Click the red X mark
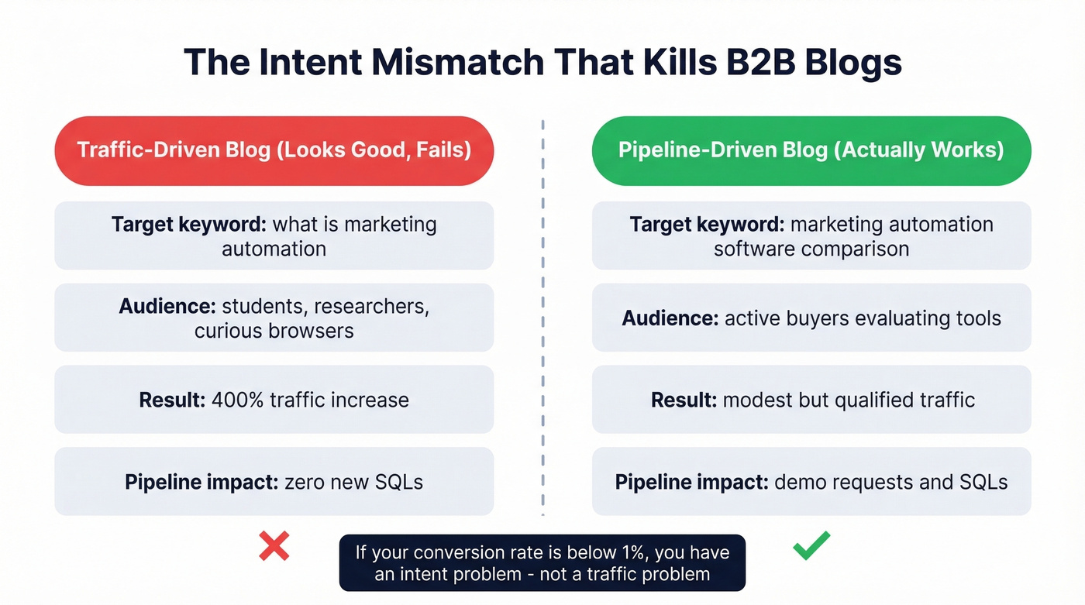274,546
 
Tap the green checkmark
811,545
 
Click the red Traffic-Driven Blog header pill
274,150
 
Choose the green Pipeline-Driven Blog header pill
811,150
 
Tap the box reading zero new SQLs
274,482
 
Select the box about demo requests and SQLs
811,482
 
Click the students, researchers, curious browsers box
274,318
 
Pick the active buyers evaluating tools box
811,318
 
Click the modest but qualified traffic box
811,400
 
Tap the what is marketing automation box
274,236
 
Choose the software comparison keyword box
811,236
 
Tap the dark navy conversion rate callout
542,563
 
